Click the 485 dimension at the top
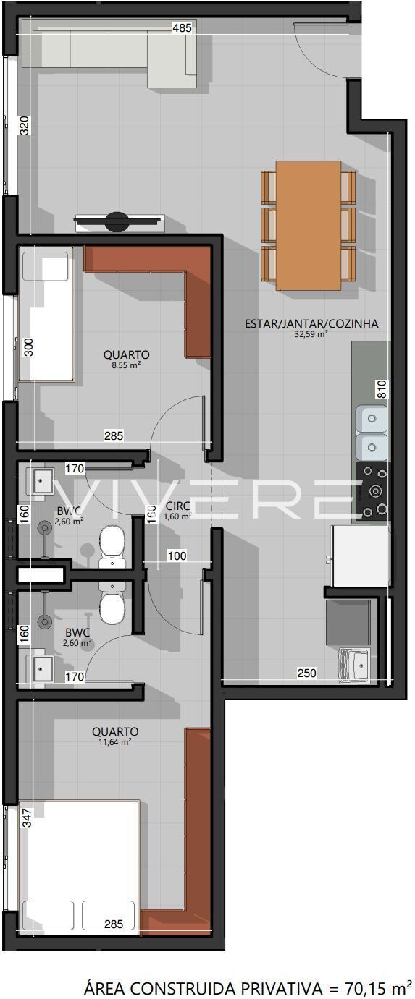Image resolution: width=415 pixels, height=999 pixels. (x=182, y=28)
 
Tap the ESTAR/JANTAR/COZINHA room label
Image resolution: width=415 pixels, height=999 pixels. (x=311, y=324)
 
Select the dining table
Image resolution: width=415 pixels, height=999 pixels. (x=309, y=225)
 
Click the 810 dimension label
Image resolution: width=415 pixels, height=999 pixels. (x=382, y=389)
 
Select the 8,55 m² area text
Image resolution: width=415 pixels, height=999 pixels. (x=127, y=365)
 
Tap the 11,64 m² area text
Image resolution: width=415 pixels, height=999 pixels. (x=115, y=742)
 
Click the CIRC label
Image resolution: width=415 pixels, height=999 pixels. (x=177, y=506)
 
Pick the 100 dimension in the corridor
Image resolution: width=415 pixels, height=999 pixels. (x=177, y=556)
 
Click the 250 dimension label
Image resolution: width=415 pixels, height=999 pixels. (x=306, y=673)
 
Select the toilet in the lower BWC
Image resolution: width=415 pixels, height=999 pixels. (x=112, y=603)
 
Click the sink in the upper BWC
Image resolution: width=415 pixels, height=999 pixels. (x=40, y=481)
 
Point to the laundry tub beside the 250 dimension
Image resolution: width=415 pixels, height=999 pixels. (x=353, y=666)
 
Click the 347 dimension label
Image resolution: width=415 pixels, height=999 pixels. (x=28, y=818)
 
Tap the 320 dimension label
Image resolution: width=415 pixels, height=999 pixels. (x=25, y=125)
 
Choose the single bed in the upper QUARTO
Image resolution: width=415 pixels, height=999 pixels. (x=46, y=315)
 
